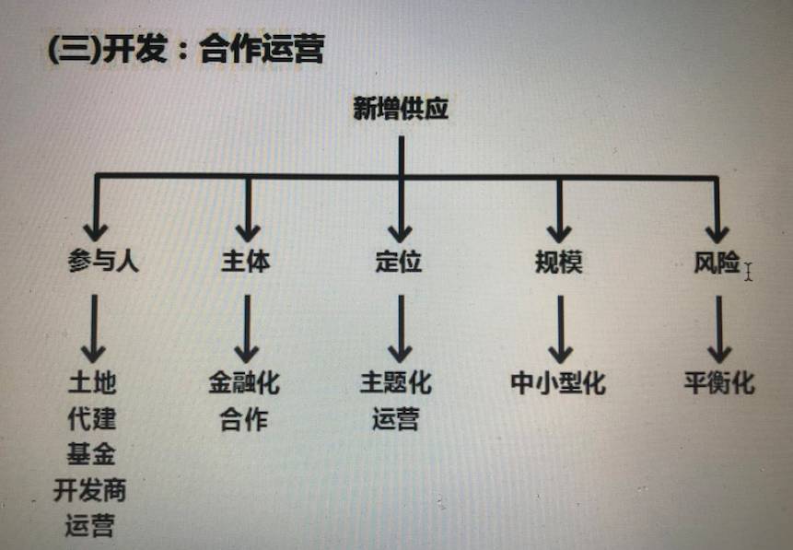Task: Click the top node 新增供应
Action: point(401,109)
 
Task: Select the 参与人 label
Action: point(102,262)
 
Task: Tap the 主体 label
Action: point(246,262)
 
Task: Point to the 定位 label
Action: point(399,262)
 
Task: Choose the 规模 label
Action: point(558,263)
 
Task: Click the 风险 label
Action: point(717,263)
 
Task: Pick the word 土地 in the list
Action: point(92,382)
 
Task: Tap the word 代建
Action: point(92,417)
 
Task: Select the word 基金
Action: point(91,453)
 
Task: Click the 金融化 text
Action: point(244,382)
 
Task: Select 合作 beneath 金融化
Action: point(244,419)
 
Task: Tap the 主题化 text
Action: point(396,382)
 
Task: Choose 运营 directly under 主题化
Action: point(396,419)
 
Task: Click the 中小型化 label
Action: point(558,382)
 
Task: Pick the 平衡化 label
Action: point(719,382)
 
